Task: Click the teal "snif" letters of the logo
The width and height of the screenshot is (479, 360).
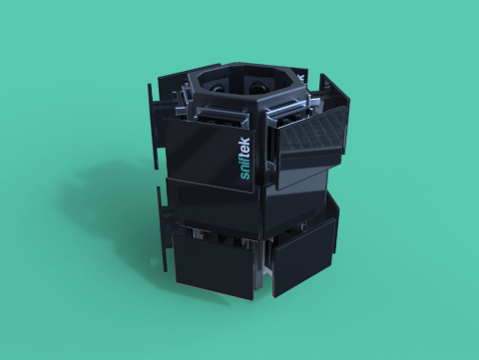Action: (245, 168)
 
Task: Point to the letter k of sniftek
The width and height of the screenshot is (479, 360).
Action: (244, 141)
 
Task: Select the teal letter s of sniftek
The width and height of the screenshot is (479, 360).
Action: (245, 177)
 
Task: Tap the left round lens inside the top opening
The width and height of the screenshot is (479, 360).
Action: (218, 89)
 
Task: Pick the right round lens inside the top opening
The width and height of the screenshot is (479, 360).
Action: (257, 87)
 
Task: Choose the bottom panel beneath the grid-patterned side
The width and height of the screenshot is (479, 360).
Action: (303, 257)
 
